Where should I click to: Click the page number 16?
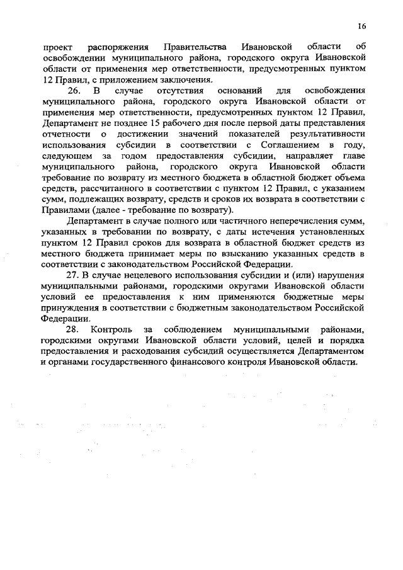[361, 26]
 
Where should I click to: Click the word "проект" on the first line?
[56, 47]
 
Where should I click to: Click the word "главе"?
[354, 153]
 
